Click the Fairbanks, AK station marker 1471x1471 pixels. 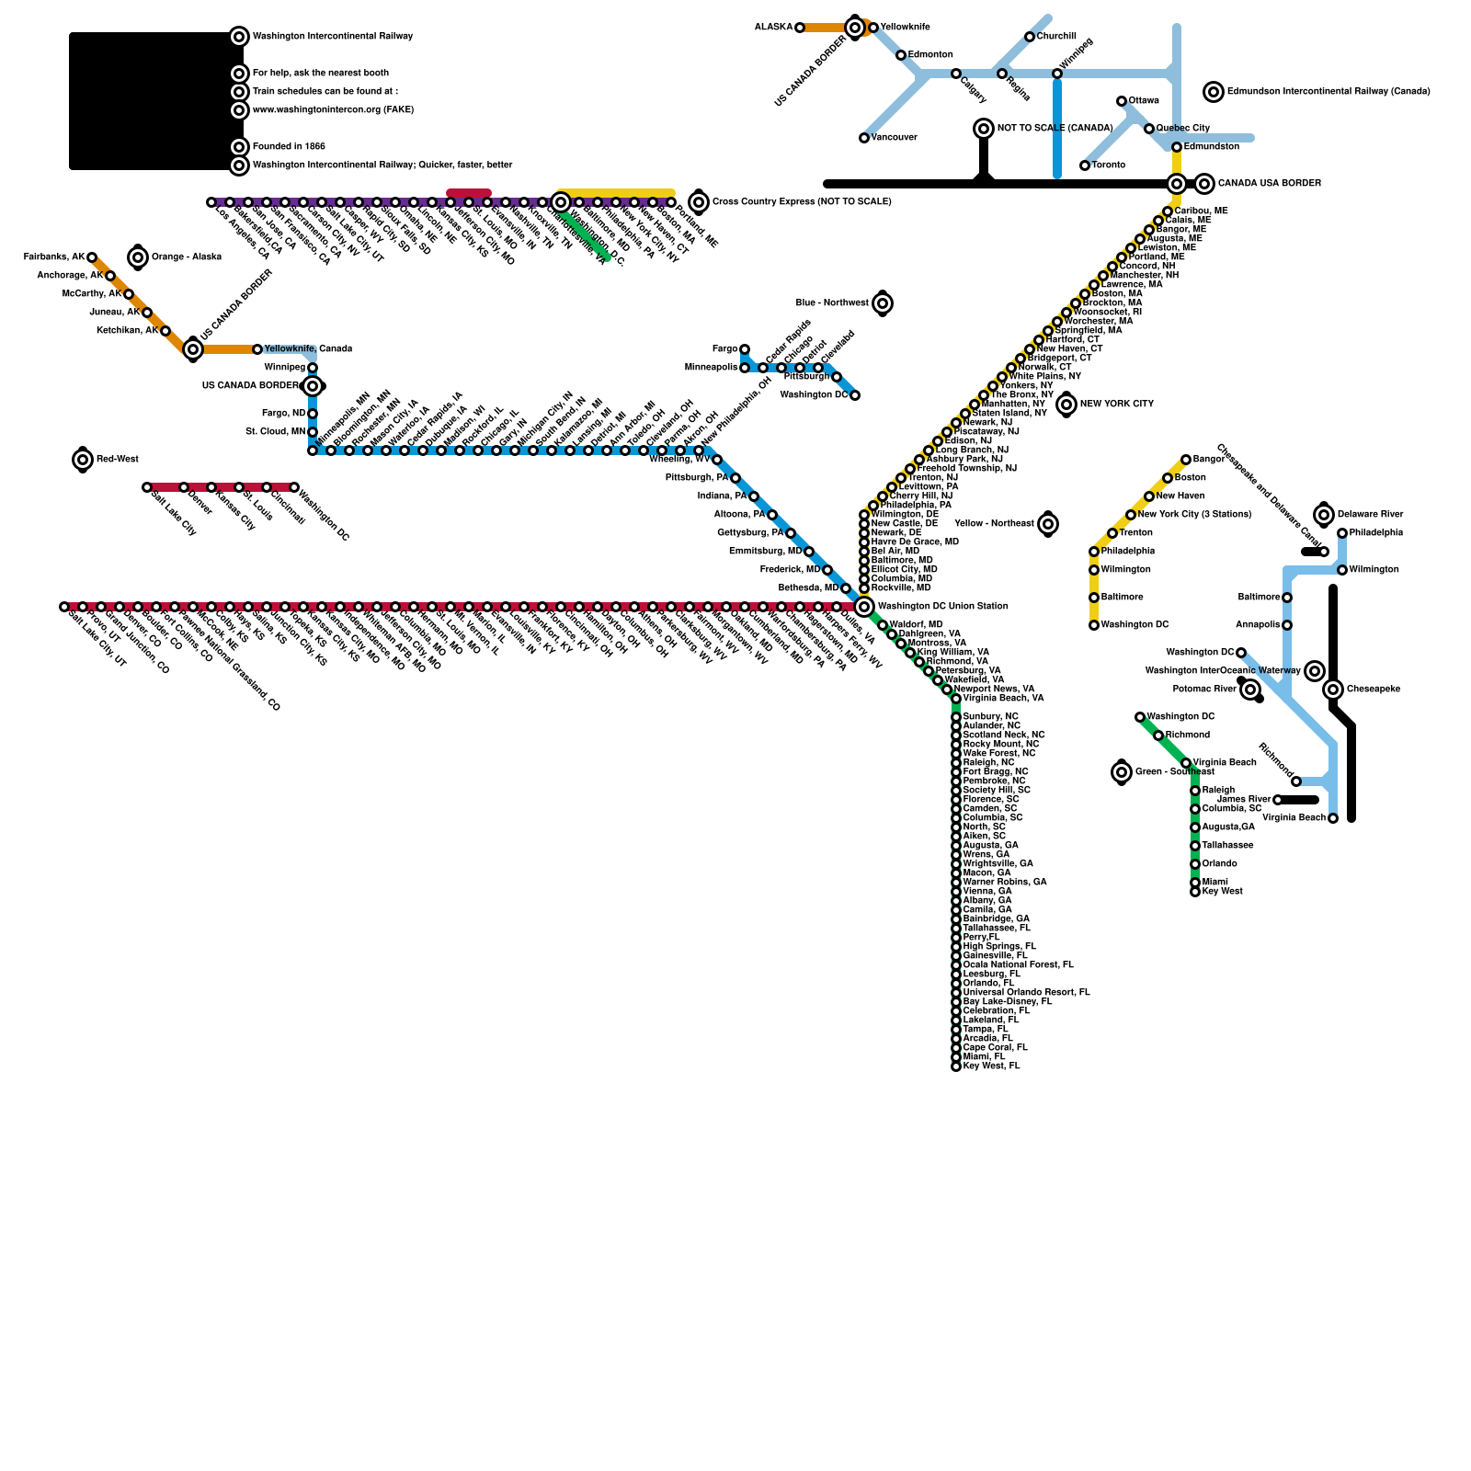click(x=92, y=257)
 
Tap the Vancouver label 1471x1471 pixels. click(x=895, y=138)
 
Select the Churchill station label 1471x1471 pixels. click(x=1056, y=37)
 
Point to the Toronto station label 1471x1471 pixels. click(x=1108, y=165)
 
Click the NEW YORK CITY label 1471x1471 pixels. click(x=1116, y=405)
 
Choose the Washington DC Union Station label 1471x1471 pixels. click(x=942, y=607)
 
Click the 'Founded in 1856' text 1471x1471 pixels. click(x=289, y=147)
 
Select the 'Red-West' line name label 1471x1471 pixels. click(x=118, y=459)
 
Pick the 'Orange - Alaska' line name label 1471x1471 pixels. click(x=186, y=257)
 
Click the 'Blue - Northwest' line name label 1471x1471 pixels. click(x=832, y=303)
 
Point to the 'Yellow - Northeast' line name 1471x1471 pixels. click(x=994, y=524)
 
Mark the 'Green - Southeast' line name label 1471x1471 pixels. click(x=1174, y=772)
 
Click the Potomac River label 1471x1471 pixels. click(x=1204, y=690)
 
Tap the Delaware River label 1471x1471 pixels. click(x=1370, y=515)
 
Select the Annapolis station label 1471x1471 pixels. click(x=1258, y=625)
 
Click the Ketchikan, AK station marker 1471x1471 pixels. click(x=165, y=331)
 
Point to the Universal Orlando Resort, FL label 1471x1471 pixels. click(x=1026, y=993)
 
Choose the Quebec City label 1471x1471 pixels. click(x=1182, y=129)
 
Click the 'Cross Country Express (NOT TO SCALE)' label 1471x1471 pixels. click(x=801, y=202)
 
